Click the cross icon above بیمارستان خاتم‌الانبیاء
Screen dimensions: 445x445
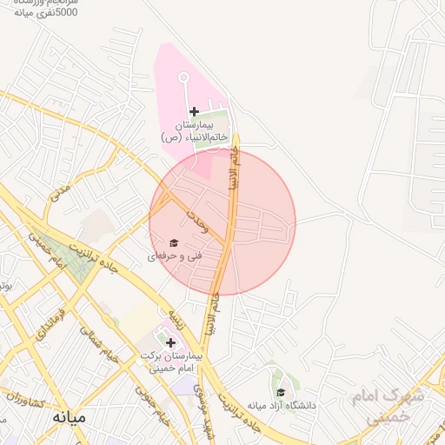(194, 111)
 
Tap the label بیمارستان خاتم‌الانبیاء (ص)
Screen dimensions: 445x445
(195, 131)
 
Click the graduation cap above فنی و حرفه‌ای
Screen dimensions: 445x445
(173, 243)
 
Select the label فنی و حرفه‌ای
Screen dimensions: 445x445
(176, 257)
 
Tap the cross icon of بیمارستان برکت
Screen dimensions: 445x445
(169, 342)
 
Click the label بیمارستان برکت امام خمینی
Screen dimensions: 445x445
(172, 362)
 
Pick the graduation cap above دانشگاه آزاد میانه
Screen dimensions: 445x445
(280, 392)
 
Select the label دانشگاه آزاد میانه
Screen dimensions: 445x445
(281, 405)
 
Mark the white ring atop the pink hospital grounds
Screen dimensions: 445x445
(184, 78)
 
